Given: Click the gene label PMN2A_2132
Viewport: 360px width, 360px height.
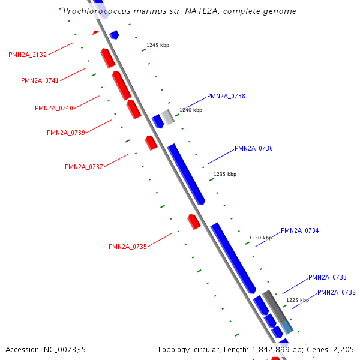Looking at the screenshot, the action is (x=28, y=55).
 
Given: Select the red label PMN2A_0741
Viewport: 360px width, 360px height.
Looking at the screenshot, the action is (x=40, y=80).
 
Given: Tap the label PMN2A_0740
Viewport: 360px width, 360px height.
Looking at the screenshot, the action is (x=54, y=108).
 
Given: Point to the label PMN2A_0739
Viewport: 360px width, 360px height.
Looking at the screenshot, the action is (x=66, y=133).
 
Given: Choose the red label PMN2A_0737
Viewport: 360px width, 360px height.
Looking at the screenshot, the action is (x=84, y=167).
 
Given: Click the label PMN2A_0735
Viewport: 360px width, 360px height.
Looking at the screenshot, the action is (x=128, y=247).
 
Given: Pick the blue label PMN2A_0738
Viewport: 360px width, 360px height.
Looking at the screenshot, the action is (x=226, y=96).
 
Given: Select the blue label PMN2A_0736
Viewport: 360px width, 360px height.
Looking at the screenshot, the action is (x=254, y=148).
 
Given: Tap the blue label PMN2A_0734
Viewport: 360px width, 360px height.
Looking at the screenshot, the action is (x=300, y=230).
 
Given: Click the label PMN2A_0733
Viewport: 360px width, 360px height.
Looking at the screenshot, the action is (x=328, y=277).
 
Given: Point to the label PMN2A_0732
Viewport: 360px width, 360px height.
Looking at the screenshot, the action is (x=337, y=292).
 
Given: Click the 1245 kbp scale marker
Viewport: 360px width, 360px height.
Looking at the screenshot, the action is (x=158, y=45).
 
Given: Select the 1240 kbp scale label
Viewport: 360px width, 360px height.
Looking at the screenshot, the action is (x=191, y=110).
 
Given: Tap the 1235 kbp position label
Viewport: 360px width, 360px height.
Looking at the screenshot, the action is (x=225, y=174).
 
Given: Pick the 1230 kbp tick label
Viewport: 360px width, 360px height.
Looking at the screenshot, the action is (x=260, y=238).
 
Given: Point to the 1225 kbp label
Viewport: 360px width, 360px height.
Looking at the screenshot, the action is (x=298, y=300).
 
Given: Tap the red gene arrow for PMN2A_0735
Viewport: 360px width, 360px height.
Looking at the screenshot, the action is (x=194, y=221).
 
